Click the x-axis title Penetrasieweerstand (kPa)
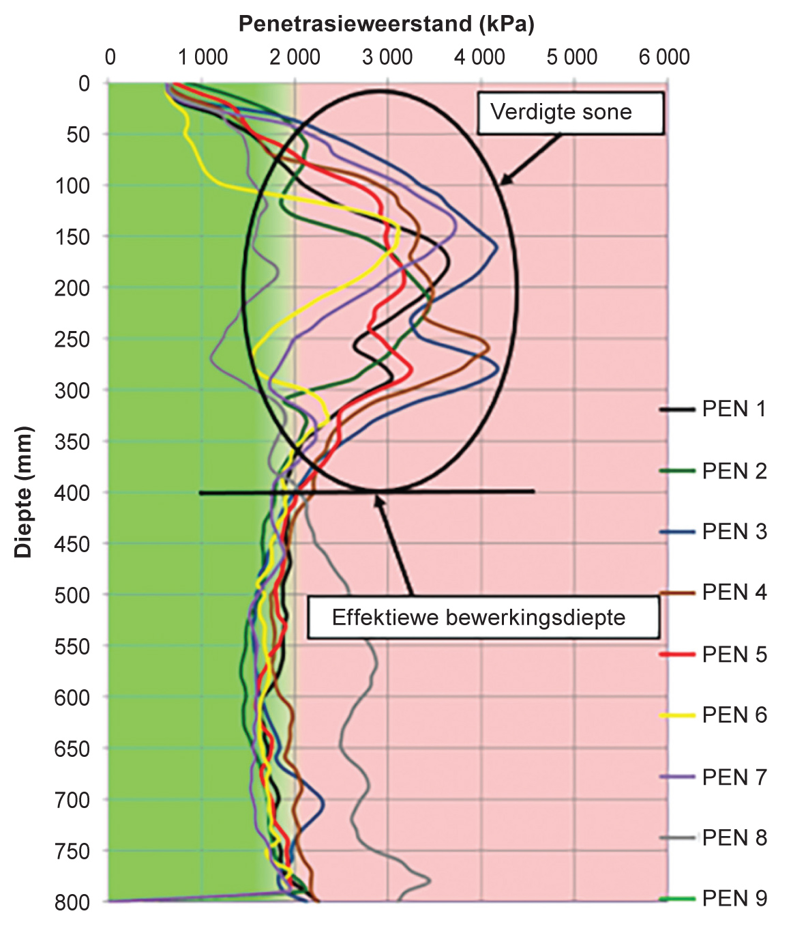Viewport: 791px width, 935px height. (386, 24)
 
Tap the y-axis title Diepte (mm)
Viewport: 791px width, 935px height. (24, 492)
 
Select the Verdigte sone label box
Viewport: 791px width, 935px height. (570, 113)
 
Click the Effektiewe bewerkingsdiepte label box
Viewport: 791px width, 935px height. (483, 618)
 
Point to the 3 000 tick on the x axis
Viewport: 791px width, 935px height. (387, 57)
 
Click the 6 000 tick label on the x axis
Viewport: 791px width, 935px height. (664, 57)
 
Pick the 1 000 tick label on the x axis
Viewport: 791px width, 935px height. (203, 57)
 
